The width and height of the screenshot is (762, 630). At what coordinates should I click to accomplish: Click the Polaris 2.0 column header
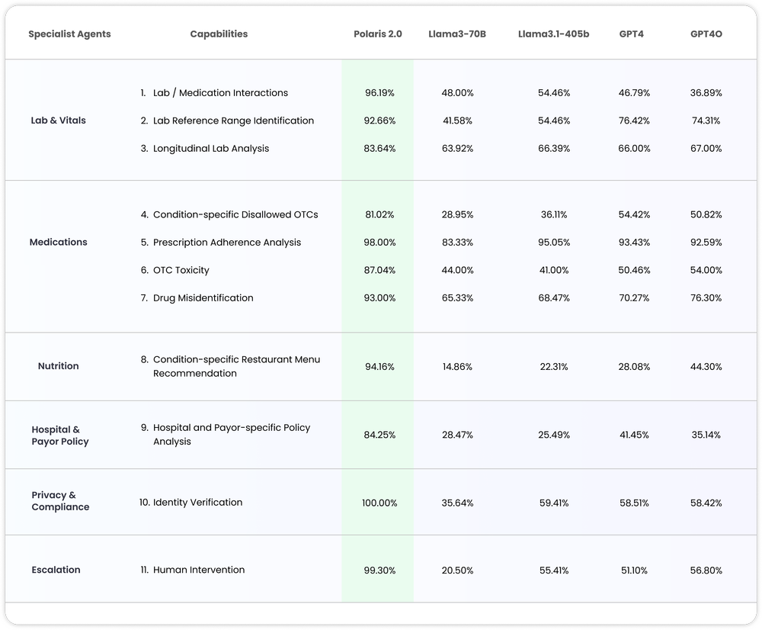(378, 34)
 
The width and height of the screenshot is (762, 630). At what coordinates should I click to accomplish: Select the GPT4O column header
(706, 34)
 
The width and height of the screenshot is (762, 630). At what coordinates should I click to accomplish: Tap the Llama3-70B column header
(457, 34)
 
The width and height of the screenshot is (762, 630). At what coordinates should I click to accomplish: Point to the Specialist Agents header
(69, 34)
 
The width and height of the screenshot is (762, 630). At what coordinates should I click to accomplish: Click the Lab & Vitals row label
(58, 121)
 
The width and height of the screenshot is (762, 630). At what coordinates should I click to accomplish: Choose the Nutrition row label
(58, 366)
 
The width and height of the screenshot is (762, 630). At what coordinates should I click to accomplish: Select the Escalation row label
(56, 570)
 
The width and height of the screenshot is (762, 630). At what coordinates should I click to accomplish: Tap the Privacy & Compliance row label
(60, 501)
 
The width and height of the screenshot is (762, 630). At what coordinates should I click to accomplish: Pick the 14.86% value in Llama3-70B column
(457, 367)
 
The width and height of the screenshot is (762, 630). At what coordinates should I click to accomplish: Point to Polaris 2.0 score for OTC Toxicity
(379, 270)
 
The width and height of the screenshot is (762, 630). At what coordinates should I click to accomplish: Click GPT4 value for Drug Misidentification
(634, 298)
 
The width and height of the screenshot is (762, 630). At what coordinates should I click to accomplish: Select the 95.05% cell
(554, 243)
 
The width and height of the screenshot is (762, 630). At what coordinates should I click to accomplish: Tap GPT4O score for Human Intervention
(706, 571)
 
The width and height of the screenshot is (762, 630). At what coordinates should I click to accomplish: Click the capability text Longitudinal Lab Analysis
(210, 149)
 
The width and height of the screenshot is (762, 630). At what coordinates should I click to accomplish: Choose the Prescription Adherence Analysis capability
(226, 243)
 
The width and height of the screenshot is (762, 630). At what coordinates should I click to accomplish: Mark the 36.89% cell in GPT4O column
(706, 93)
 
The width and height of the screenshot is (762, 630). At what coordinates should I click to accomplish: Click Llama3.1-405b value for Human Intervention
(554, 571)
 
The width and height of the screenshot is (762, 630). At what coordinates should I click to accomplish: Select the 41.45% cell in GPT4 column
(634, 435)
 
